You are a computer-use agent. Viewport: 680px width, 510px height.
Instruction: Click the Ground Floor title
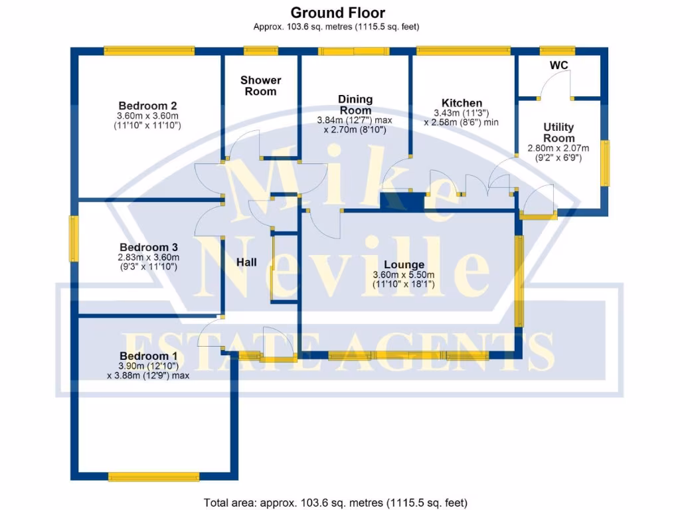[x=337, y=13]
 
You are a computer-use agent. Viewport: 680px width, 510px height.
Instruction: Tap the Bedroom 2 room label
[x=147, y=106]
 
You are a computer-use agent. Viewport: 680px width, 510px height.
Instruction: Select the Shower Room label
[x=260, y=86]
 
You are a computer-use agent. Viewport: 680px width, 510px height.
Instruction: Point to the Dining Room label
[x=356, y=104]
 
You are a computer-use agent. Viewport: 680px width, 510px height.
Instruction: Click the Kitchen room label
[x=462, y=103]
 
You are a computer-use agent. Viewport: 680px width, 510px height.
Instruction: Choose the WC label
[x=558, y=65]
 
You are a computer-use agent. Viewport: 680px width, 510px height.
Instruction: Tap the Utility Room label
[x=558, y=132]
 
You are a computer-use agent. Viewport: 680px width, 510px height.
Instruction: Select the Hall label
[x=247, y=263]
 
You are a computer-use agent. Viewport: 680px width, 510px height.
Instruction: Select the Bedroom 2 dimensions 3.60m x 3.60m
[x=147, y=116]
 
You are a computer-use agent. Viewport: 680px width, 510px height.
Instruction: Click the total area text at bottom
[x=339, y=502]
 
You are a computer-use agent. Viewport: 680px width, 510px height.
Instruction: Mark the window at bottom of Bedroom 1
[x=153, y=476]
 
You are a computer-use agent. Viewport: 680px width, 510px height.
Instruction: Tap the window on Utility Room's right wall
[x=604, y=163]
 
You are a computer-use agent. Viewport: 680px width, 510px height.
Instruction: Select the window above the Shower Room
[x=260, y=50]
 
